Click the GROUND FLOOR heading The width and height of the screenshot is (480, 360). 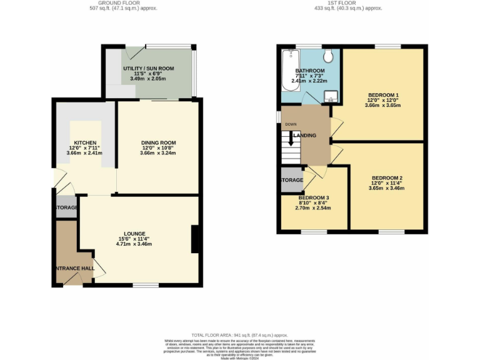pos(123,2)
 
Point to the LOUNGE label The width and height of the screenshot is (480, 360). pos(134,233)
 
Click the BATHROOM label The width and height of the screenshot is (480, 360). pos(310,71)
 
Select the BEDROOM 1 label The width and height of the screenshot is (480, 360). pos(383,94)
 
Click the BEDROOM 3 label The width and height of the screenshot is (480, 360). pos(314,197)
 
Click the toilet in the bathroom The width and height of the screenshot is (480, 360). pos(329,56)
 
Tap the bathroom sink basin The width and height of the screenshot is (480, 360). pos(332,96)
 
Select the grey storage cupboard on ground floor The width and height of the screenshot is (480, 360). pos(66,207)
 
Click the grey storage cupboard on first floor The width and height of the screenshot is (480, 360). pos(291,179)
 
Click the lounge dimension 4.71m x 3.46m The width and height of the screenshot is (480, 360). pos(134,244)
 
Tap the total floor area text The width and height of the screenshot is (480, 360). pos(240,335)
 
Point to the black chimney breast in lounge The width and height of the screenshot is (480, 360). pos(195,239)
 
